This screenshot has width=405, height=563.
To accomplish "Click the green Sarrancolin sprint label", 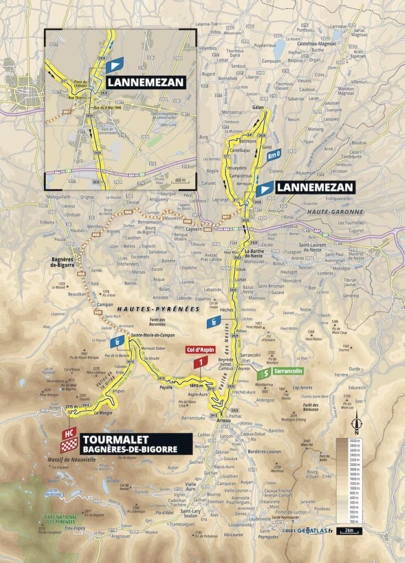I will [x=278, y=375].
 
